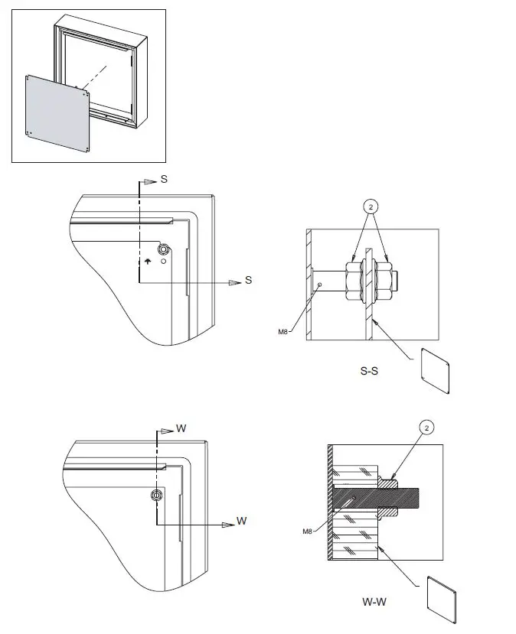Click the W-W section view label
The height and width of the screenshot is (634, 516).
[x=374, y=601]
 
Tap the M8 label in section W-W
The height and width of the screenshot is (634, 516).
[x=307, y=531]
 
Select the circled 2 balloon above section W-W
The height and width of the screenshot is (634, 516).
[x=425, y=427]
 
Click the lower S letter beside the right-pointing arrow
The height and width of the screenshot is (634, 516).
[x=248, y=281]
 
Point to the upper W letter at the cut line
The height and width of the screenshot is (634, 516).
[x=181, y=428]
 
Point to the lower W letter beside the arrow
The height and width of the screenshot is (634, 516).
[x=241, y=521]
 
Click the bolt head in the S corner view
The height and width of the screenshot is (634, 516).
[x=162, y=249]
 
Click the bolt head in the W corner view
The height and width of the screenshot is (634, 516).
[x=156, y=495]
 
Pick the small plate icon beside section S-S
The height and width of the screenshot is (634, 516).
[x=436, y=372]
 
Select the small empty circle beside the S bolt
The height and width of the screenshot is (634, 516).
[x=164, y=262]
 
